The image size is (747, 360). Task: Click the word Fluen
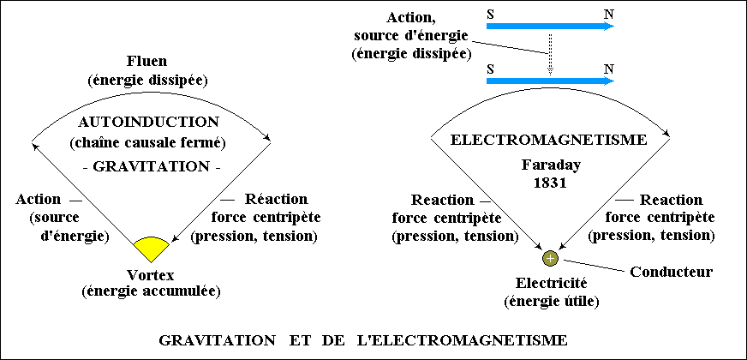(x=146, y=62)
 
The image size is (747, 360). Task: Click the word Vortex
(x=151, y=275)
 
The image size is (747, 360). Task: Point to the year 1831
(x=550, y=183)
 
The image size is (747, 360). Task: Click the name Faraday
(x=551, y=165)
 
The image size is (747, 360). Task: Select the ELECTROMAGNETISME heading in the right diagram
(x=548, y=141)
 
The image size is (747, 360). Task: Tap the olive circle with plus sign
(x=550, y=259)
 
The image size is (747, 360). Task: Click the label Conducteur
(x=672, y=272)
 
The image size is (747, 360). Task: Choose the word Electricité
(x=551, y=284)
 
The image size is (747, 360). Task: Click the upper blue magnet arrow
(x=550, y=26)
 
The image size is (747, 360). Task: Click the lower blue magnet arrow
(x=550, y=81)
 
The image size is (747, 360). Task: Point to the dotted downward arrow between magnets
(x=550, y=54)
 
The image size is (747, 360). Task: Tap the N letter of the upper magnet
(x=609, y=14)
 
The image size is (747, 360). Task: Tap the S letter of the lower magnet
(x=490, y=69)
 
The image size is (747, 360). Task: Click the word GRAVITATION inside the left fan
(x=151, y=167)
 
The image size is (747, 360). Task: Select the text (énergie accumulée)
(x=151, y=291)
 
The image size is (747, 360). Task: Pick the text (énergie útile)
(x=551, y=301)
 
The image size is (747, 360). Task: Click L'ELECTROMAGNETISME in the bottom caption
(x=462, y=340)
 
